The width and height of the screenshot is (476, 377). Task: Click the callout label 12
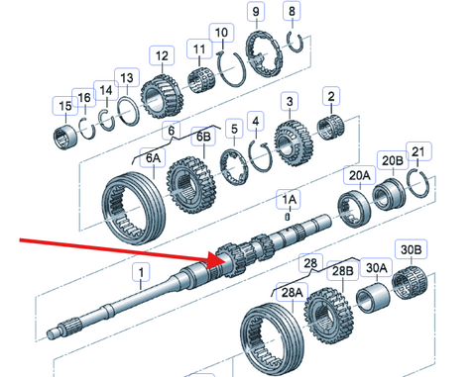click(162, 55)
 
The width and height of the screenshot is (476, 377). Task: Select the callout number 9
click(256, 12)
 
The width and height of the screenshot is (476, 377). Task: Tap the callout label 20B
click(393, 160)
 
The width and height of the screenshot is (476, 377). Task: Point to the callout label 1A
click(289, 199)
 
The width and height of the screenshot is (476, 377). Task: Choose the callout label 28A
click(292, 292)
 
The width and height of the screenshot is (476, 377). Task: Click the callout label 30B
click(411, 249)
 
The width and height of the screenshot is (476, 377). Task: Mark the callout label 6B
click(203, 137)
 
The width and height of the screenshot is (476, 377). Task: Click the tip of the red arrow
click(225, 259)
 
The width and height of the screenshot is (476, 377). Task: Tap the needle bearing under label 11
click(200, 80)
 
